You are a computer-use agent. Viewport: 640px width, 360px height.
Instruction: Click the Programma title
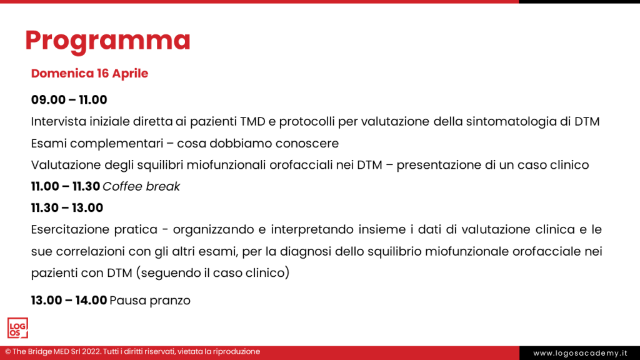coord(107,41)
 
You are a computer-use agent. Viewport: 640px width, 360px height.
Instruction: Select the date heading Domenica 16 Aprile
coord(90,74)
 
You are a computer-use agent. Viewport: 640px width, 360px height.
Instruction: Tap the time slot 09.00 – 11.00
coord(69,99)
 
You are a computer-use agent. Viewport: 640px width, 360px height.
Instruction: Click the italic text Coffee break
coord(141,186)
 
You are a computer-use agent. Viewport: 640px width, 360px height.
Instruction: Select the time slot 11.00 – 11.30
coord(66,186)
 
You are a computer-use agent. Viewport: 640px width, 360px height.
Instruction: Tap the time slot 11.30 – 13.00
coord(67,207)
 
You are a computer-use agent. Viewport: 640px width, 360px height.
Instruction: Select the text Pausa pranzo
coord(150,301)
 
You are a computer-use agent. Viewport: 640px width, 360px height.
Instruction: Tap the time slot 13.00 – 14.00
coord(69,301)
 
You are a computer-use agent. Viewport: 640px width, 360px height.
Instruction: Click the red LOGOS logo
coord(17,328)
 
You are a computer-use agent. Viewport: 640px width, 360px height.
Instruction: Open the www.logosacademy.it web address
coord(580,354)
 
